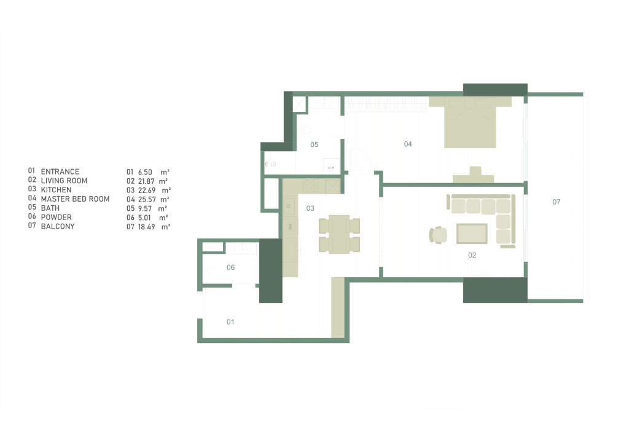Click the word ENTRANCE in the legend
click(60, 171)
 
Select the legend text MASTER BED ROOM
click(75, 199)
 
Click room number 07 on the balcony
click(556, 202)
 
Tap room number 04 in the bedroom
click(408, 144)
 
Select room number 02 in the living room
click(472, 254)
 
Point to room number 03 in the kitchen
click(310, 208)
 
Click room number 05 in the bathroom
click(314, 145)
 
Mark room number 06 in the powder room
click(230, 267)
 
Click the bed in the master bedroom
click(470, 123)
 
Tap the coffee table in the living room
click(472, 234)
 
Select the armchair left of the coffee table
click(438, 235)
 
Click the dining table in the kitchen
click(339, 235)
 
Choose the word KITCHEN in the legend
click(56, 190)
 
